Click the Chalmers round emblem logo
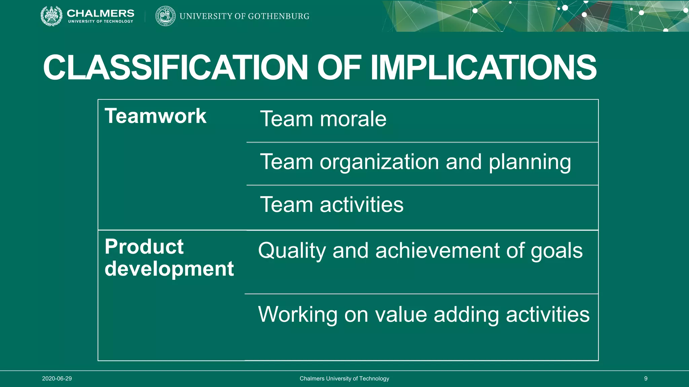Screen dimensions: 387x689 tap(51, 16)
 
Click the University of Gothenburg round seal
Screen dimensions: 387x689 tap(165, 16)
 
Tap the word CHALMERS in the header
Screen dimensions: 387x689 tap(101, 13)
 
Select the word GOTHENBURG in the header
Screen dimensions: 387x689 tap(279, 16)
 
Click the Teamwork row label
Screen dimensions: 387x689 tap(155, 116)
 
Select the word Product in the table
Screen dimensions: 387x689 tap(144, 247)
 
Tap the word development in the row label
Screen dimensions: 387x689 tap(169, 269)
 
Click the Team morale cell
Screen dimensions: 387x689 tap(323, 119)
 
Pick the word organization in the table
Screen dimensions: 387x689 tap(379, 162)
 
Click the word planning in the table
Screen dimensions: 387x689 tap(530, 162)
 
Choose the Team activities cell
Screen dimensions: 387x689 tap(331, 205)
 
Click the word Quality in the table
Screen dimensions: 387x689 tap(292, 251)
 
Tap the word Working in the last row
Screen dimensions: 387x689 tap(297, 315)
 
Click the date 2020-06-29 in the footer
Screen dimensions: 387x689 tap(57, 379)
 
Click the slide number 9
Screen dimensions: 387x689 tap(646, 379)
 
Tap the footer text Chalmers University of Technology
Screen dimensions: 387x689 tap(344, 379)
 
